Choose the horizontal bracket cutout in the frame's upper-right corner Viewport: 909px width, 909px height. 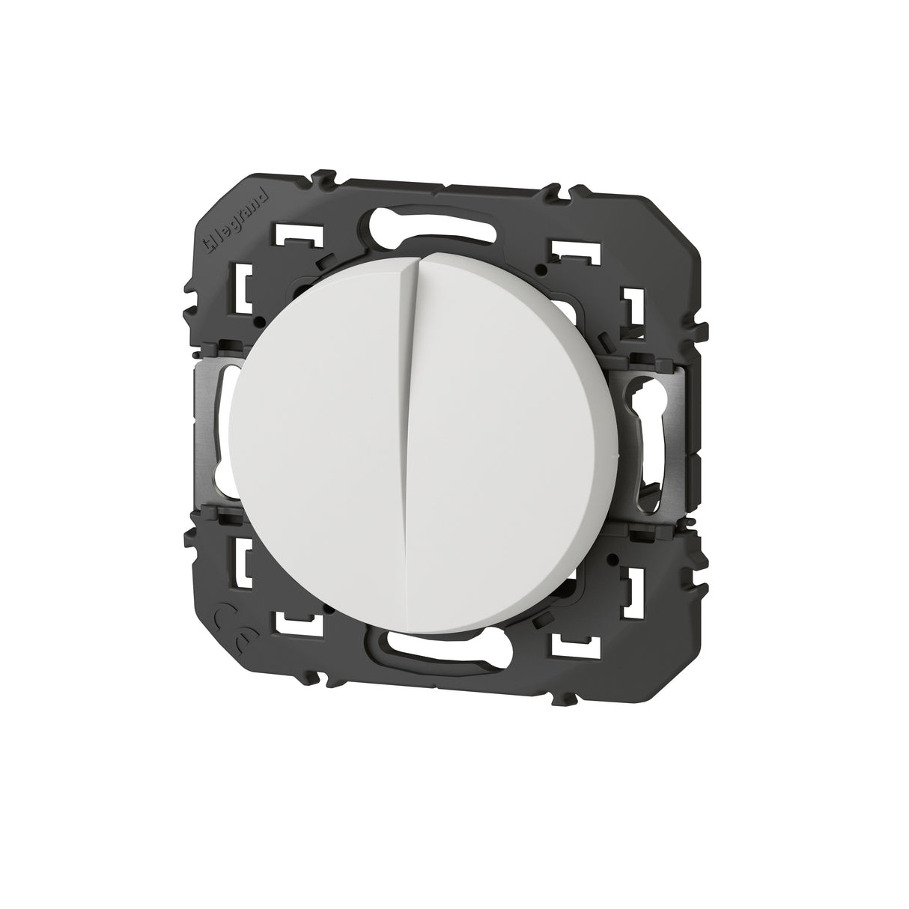(x=577, y=253)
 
